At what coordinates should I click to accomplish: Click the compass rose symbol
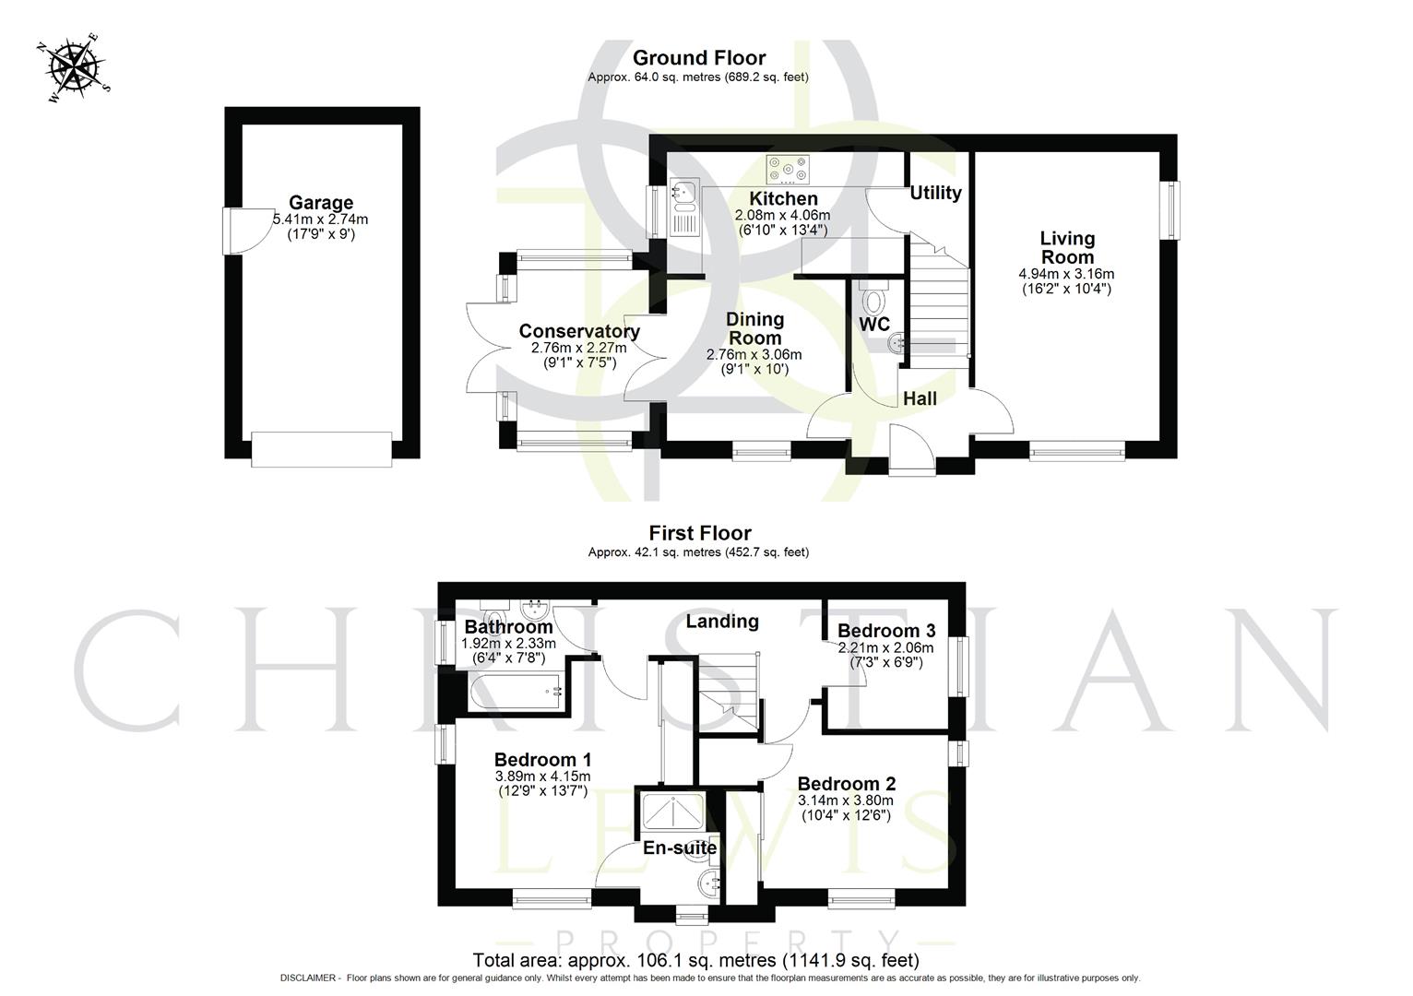click(72, 66)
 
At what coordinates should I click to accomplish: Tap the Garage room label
click(320, 203)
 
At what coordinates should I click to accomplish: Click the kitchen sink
click(683, 193)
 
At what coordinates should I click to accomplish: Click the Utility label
click(935, 193)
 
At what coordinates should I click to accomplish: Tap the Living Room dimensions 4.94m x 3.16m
click(1066, 274)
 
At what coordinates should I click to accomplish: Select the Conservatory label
click(578, 331)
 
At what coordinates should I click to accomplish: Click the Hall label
click(920, 398)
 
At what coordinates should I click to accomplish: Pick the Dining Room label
click(754, 328)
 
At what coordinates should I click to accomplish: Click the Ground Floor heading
click(698, 58)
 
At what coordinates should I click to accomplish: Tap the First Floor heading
click(699, 533)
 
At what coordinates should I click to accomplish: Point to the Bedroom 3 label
click(885, 631)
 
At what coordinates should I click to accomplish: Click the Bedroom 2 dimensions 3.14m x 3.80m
click(846, 800)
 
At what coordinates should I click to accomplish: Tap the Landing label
click(721, 622)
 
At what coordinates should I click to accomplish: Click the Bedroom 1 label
click(542, 760)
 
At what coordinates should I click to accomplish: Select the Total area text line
click(695, 960)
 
